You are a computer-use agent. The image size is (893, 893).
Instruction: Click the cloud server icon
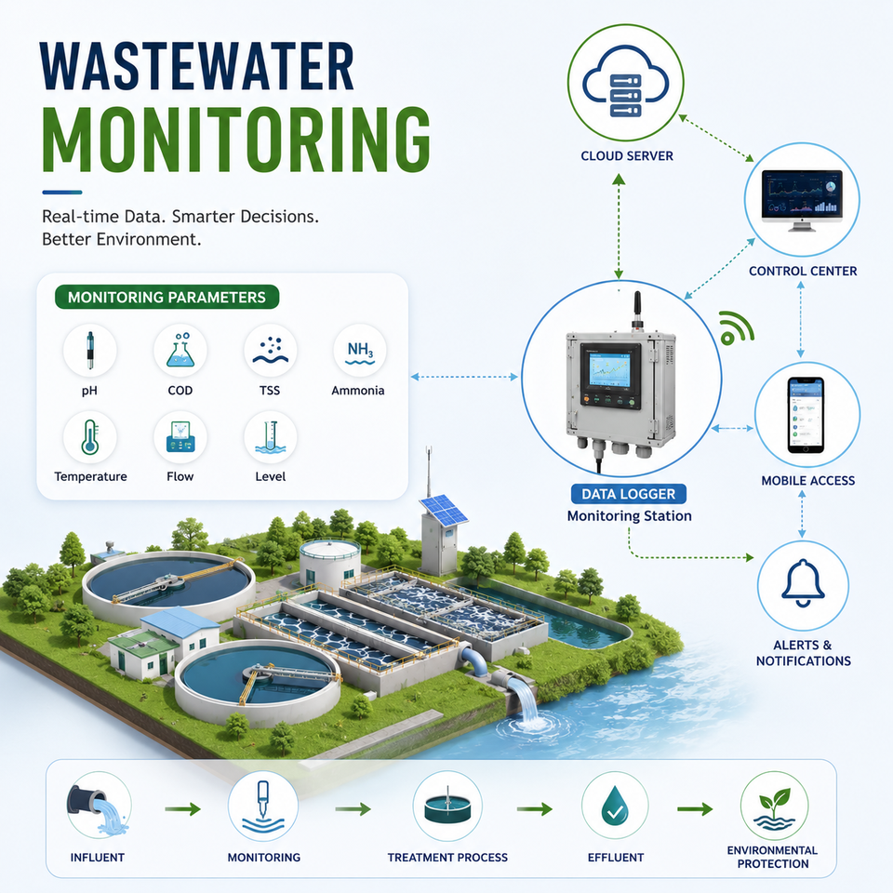pyautogui.click(x=625, y=82)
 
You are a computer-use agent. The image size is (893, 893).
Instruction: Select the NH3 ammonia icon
pyautogui.click(x=360, y=353)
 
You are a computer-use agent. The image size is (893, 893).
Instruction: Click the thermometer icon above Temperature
pyautogui.click(x=89, y=437)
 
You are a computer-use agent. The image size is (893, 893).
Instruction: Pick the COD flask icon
pyautogui.click(x=180, y=351)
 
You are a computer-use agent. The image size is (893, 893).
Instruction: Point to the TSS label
pyautogui.click(x=270, y=391)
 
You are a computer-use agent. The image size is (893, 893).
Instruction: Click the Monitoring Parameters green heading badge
pyautogui.click(x=167, y=298)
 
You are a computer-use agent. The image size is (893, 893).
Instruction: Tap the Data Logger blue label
pyautogui.click(x=628, y=494)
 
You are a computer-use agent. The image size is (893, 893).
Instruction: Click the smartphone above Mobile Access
pyautogui.click(x=806, y=415)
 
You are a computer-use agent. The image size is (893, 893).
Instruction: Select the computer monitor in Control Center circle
pyautogui.click(x=802, y=199)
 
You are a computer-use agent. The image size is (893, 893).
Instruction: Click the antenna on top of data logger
pyautogui.click(x=636, y=311)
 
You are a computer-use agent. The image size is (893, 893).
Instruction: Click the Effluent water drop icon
pyautogui.click(x=615, y=806)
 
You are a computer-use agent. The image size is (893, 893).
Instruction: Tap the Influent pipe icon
pyautogui.click(x=98, y=808)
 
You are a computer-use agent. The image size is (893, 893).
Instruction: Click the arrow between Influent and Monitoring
pyautogui.click(x=183, y=808)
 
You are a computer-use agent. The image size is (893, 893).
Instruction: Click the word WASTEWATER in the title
pyautogui.click(x=197, y=66)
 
